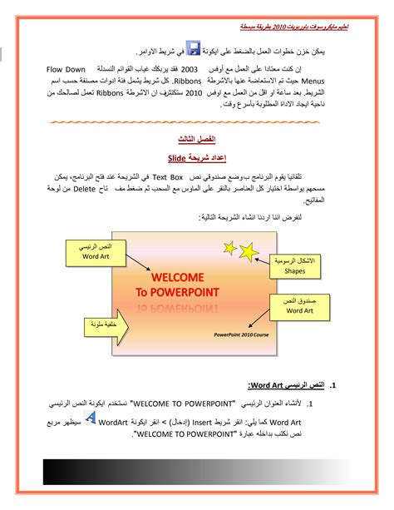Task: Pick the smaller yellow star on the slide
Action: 247,242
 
